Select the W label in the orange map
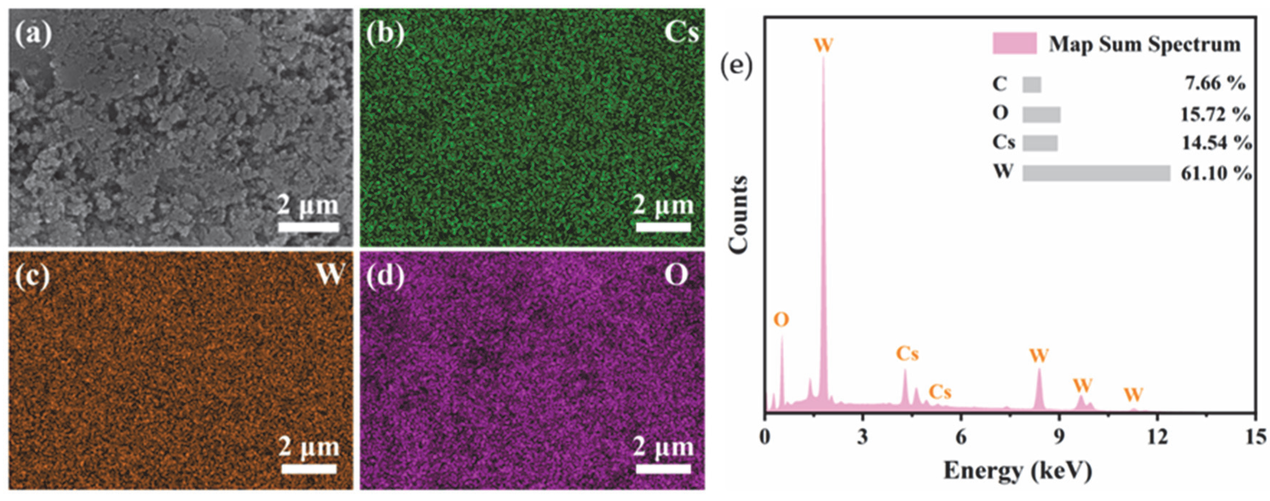coord(330,274)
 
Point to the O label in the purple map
coord(676,275)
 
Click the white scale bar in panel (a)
coord(309,227)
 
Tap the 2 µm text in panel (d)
coord(663,447)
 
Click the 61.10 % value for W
coord(1216,173)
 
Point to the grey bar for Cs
coord(1040,144)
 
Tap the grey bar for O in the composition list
coord(1041,114)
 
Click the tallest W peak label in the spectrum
coord(823,45)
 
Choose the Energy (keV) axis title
coord(1018,471)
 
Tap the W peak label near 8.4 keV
coord(1039,355)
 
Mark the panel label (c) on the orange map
coord(32,276)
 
